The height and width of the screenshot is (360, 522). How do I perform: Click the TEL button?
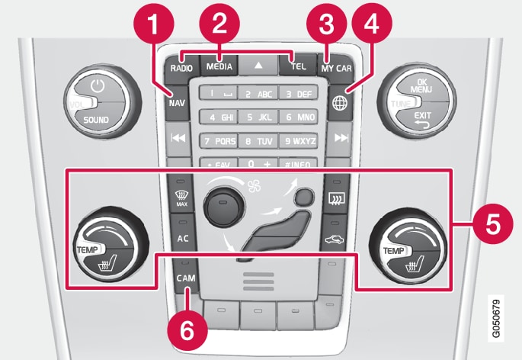[299, 66]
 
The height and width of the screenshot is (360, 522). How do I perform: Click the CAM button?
[184, 279]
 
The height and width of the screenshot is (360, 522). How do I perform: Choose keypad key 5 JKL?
[261, 117]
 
